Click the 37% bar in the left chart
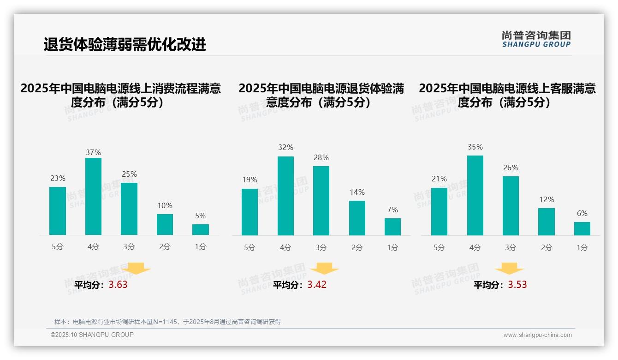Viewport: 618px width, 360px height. point(94,197)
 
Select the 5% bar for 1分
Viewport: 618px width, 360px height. point(201,230)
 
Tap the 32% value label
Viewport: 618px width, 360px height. point(285,148)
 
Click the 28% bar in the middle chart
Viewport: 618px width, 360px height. point(321,201)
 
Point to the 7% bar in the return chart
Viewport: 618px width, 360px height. point(392,227)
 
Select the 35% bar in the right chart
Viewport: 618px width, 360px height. point(475,196)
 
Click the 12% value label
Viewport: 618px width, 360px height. point(547,200)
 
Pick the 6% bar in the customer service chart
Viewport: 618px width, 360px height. point(582,229)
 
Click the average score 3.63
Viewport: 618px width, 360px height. point(118,285)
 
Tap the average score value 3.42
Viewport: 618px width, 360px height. point(317,285)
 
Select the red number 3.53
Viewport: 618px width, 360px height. point(517,285)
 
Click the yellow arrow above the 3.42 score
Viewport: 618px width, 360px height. point(325,269)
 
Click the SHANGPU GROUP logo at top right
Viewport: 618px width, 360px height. point(536,39)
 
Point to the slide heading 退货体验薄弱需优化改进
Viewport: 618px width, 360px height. point(125,45)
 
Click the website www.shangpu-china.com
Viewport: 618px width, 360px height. point(537,335)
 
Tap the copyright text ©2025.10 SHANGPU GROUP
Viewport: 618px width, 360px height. point(92,335)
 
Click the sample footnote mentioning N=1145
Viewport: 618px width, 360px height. point(167,322)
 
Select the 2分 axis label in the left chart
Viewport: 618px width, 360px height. point(165,247)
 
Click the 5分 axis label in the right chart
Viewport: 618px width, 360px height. point(439,248)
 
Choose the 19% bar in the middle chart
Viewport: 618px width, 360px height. point(250,212)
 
